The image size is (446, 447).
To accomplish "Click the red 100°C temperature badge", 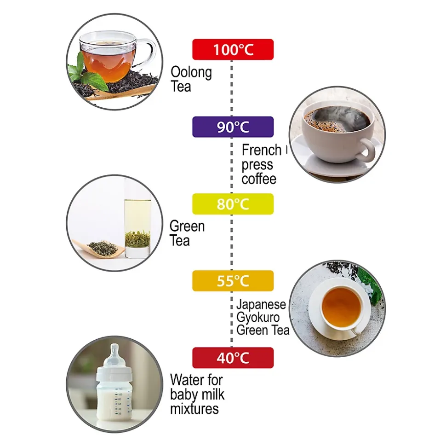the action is tap(233, 50).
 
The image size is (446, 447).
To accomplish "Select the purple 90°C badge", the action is tap(233, 127).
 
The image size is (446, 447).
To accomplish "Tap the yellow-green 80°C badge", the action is tap(233, 204).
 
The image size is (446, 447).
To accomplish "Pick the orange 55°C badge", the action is tap(233, 281).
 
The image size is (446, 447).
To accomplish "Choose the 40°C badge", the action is tap(233, 358).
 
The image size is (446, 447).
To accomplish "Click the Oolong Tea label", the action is tap(191, 79).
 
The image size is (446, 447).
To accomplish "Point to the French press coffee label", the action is tap(262, 164).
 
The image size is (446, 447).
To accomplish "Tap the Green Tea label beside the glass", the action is tap(187, 233).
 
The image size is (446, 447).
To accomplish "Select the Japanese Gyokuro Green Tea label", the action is tap(263, 317).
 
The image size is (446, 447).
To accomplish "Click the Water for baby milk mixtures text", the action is tap(197, 395).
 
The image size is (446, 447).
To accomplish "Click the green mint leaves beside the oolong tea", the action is tap(85, 73).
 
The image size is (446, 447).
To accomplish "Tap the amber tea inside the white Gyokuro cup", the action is tap(341, 308).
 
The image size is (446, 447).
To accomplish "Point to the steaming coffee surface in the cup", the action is tap(337, 119).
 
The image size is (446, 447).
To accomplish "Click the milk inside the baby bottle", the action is tap(114, 403).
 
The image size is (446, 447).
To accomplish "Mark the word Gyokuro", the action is tap(254, 318).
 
